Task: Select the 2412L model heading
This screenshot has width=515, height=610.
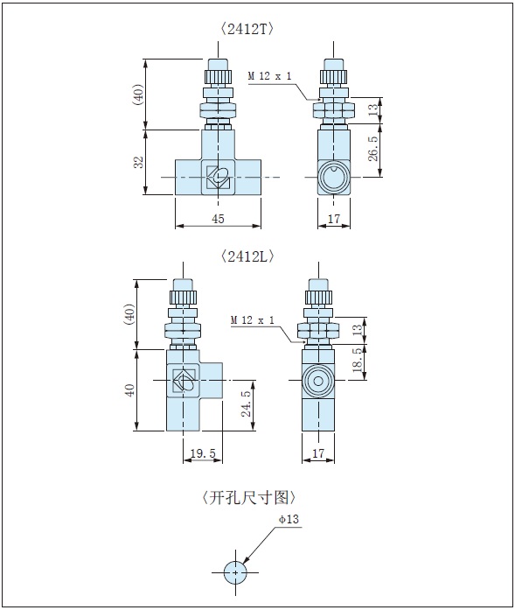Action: pyautogui.click(x=247, y=256)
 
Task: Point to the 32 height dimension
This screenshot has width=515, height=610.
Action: pyautogui.click(x=138, y=163)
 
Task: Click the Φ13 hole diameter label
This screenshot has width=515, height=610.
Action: pyautogui.click(x=289, y=519)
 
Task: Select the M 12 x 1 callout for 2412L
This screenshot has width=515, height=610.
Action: pyautogui.click(x=253, y=320)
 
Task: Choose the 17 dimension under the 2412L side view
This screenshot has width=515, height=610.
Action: pyautogui.click(x=317, y=454)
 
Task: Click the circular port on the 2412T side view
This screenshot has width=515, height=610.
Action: pyautogui.click(x=334, y=178)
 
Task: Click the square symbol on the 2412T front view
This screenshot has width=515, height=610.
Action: pyautogui.click(x=217, y=178)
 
